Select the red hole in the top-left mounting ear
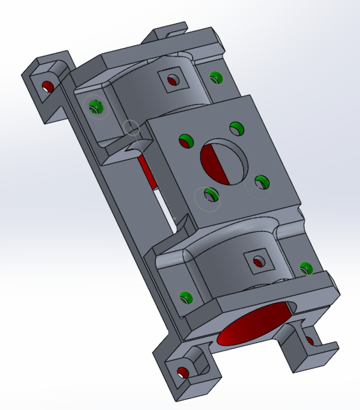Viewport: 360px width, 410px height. (x=47, y=86)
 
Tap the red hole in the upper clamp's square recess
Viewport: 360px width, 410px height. (x=172, y=81)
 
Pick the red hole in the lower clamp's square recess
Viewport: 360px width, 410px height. (x=258, y=261)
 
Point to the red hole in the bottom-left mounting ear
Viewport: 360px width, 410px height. (x=183, y=372)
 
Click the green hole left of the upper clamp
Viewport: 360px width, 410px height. (x=96, y=106)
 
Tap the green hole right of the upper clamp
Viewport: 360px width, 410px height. (x=216, y=78)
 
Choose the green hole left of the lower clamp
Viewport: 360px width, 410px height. (x=186, y=297)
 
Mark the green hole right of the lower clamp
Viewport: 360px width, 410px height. (x=306, y=267)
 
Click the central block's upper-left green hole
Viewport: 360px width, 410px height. (x=186, y=140)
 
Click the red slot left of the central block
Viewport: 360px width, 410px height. (x=148, y=172)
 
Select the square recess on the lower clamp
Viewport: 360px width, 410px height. (x=259, y=261)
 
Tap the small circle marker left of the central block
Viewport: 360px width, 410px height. (x=131, y=128)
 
